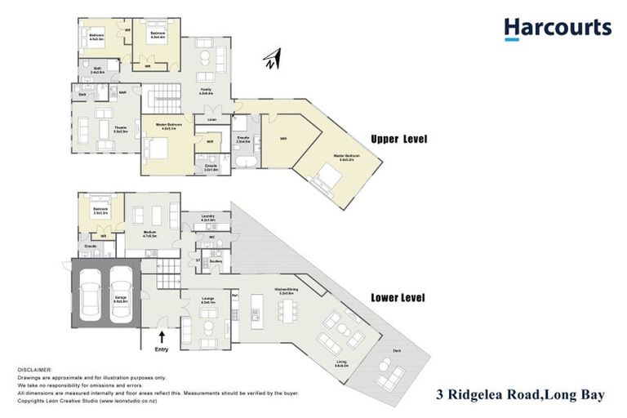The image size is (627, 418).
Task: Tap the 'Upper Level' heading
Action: click(x=399, y=140)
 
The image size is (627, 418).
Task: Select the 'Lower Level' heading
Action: click(x=398, y=298)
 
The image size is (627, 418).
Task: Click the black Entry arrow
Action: click(x=162, y=336)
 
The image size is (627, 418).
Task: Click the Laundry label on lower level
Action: click(x=207, y=218)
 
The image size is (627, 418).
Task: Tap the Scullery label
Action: click(x=215, y=261)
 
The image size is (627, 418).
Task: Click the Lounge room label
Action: click(x=207, y=300)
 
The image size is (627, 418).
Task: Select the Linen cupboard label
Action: click(x=211, y=120)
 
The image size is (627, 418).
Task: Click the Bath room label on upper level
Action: click(x=96, y=69)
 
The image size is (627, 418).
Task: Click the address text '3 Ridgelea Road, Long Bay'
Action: click(x=517, y=396)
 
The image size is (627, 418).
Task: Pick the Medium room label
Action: click(x=149, y=233)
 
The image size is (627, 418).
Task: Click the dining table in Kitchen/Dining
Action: click(x=287, y=310)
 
